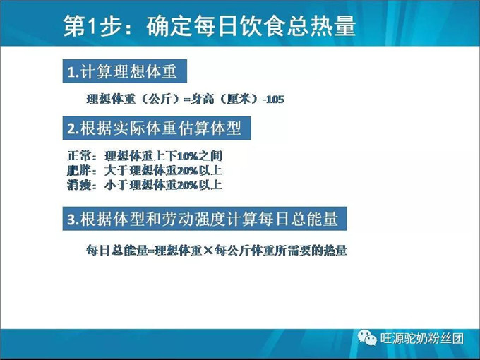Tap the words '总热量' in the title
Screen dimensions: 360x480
[x=321, y=26]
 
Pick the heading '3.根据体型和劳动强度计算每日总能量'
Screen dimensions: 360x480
[x=203, y=220]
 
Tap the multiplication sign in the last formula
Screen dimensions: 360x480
[x=208, y=250]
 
